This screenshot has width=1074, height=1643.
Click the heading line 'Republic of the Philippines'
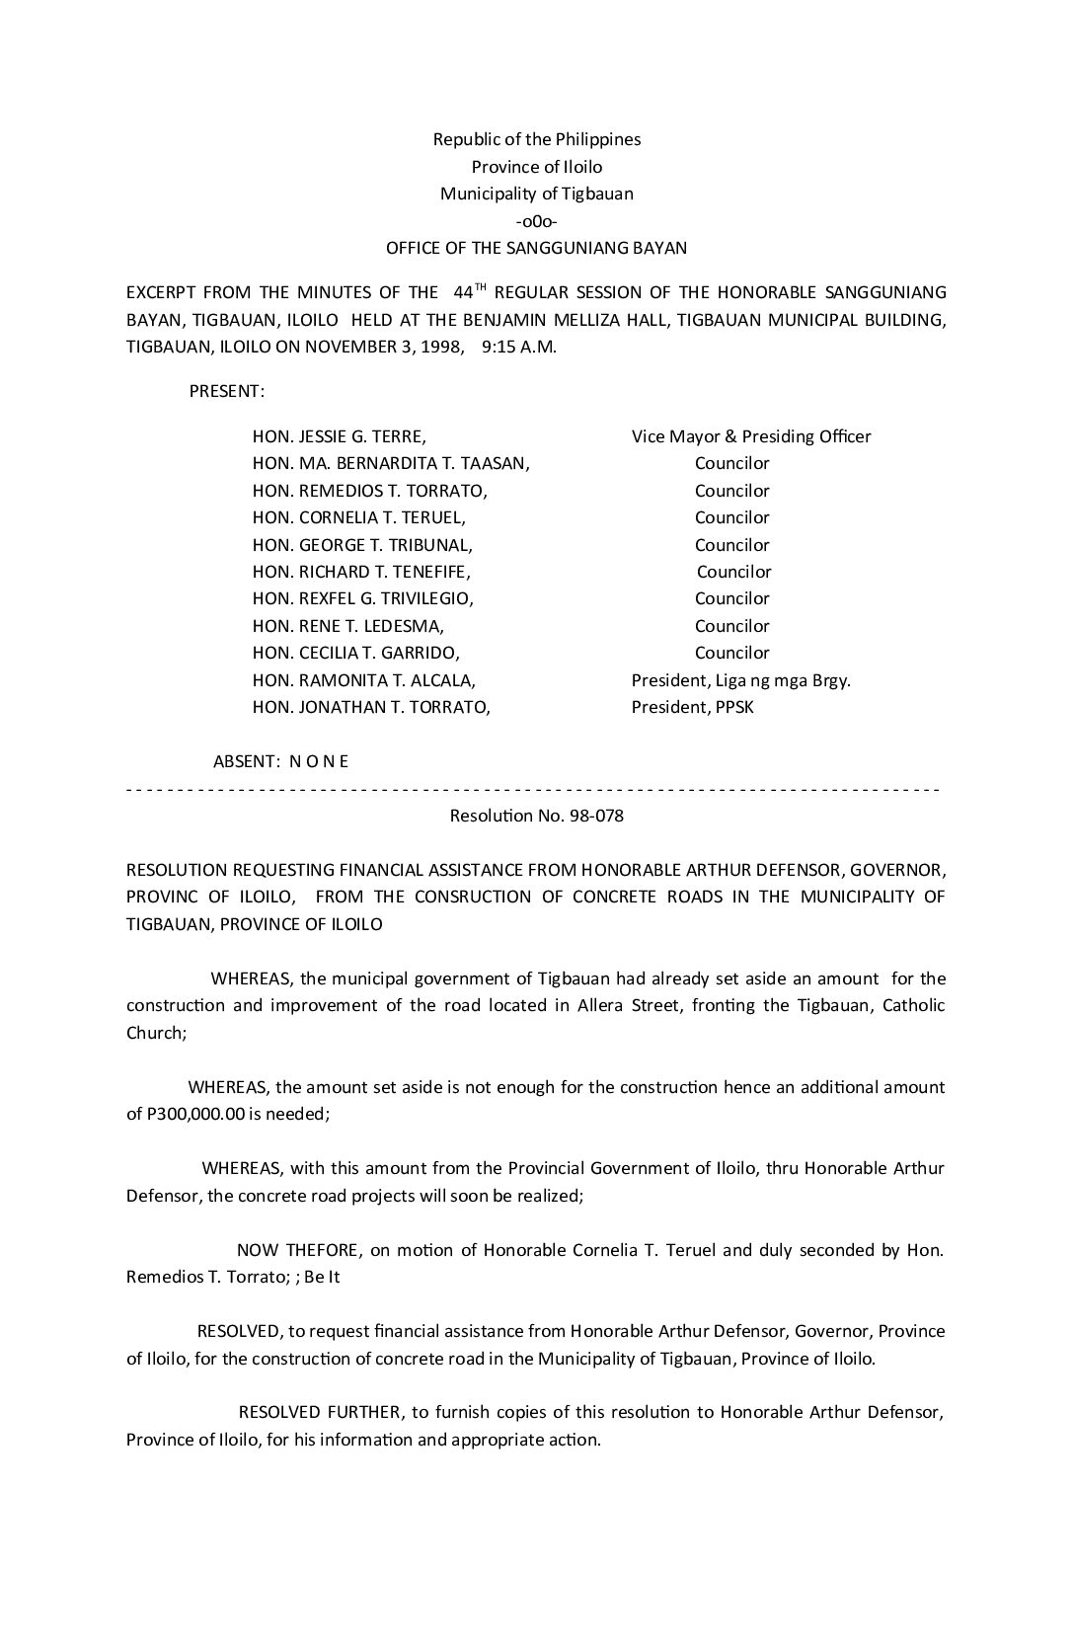(537, 139)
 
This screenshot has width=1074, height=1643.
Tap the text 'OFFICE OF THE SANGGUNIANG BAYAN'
(536, 248)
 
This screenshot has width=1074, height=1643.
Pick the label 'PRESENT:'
(227, 391)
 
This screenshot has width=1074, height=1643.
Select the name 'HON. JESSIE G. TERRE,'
(340, 436)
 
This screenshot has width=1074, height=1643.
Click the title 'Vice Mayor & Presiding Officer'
(751, 436)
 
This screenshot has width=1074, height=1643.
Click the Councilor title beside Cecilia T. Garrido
(731, 653)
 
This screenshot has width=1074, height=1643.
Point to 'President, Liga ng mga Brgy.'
(741, 680)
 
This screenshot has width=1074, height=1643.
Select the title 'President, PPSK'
(693, 707)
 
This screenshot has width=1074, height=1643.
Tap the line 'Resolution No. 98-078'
(537, 817)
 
